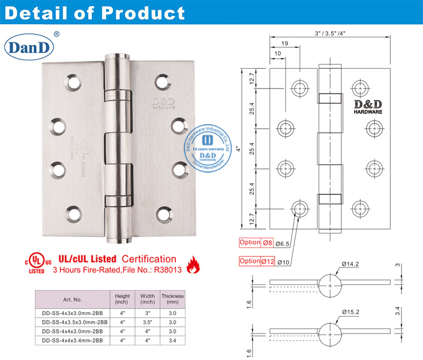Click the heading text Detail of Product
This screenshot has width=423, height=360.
pos(95,12)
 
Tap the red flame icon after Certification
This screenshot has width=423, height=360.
pos(193,264)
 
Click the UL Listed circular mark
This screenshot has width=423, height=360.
pos(36,261)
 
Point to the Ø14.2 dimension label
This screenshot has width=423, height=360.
pos(352,264)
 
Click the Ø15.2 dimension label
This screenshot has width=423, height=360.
pos(352,312)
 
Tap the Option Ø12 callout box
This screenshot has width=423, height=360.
pos(257,261)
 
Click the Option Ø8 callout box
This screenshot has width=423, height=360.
pos(257,243)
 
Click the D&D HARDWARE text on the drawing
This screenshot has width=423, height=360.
pos(368,108)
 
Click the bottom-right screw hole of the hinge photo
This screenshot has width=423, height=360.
pos(164,213)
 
